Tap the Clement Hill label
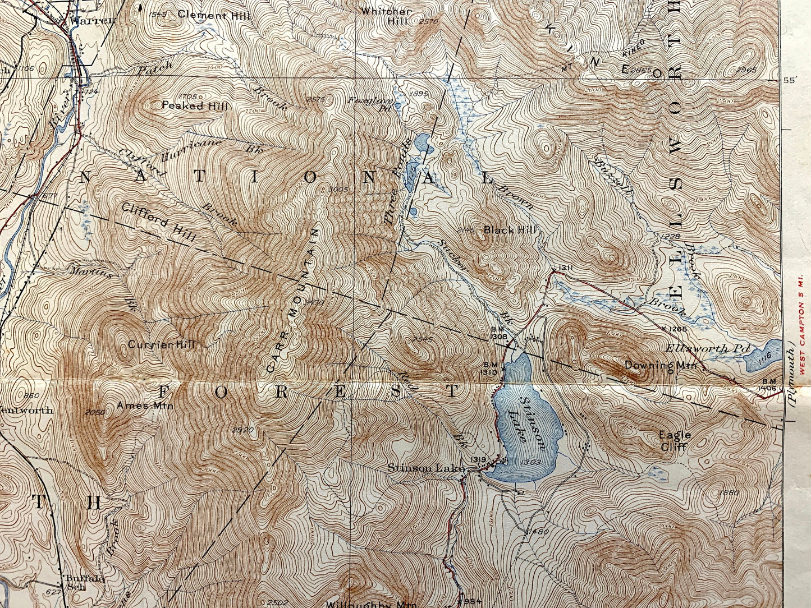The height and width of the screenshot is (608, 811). coord(210,15)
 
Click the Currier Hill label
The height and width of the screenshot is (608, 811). coord(162,344)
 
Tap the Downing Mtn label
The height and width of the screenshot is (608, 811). coord(660,366)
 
